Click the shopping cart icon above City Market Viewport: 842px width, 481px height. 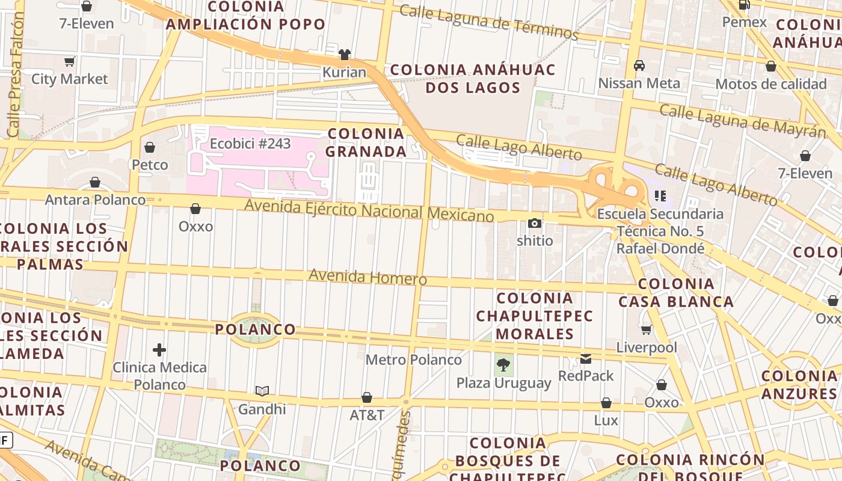pos(70,61)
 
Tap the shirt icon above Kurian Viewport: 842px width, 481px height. pos(344,55)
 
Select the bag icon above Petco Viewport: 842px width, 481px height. pos(150,147)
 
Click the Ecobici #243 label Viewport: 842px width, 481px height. pos(250,144)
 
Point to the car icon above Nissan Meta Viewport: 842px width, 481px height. pos(639,66)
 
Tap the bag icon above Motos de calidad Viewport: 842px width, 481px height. pos(771,67)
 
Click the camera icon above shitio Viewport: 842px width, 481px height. pos(535,224)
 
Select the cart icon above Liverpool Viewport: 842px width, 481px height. pos(647,329)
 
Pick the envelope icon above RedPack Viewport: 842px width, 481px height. pos(586,359)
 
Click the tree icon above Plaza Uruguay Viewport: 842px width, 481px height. pos(503,364)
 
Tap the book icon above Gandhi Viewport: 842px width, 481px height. pos(262,391)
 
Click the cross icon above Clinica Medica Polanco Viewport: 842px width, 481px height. pos(159,350)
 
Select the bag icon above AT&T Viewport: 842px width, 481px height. pos(367,397)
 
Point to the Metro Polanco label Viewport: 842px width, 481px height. pos(414,360)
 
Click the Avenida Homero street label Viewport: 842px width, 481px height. pos(367,278)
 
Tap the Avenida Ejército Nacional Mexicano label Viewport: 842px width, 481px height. pos(369,211)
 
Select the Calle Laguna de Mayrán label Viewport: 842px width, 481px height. pos(742,120)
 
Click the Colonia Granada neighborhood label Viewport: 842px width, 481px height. pos(366,142)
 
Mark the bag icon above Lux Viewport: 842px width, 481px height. pos(606,403)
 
